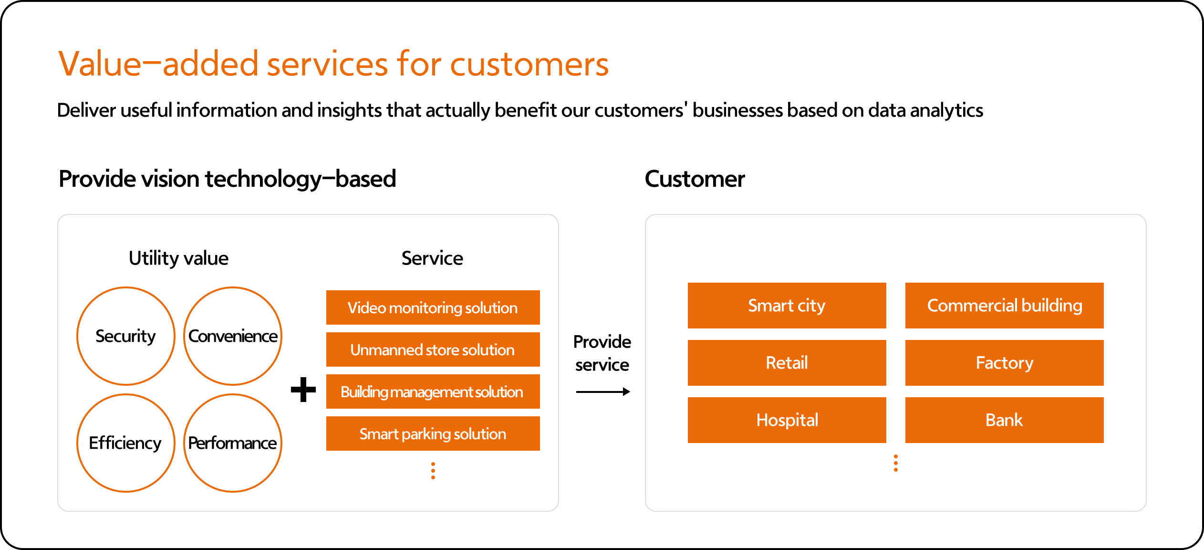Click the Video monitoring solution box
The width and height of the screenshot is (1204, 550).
click(x=433, y=307)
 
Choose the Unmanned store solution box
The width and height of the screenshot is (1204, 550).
click(x=433, y=349)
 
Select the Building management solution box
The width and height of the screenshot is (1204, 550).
click(x=433, y=391)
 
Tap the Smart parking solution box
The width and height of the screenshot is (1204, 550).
click(x=433, y=434)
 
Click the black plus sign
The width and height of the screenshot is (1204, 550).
click(x=303, y=390)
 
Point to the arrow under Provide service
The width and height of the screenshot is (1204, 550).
click(x=603, y=392)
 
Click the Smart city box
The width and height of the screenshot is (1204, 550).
click(x=787, y=306)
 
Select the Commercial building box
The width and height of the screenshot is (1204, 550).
click(x=1005, y=306)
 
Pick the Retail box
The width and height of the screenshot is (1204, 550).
click(x=787, y=363)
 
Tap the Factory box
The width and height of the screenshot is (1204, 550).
click(x=1005, y=363)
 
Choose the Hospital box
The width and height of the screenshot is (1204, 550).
click(x=787, y=420)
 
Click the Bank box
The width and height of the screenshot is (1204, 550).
click(x=1005, y=420)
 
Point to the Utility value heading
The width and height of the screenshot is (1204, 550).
click(x=179, y=259)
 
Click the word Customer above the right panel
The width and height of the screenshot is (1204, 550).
click(x=695, y=179)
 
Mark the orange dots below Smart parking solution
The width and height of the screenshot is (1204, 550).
click(x=433, y=471)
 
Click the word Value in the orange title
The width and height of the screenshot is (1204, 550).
click(x=100, y=63)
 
